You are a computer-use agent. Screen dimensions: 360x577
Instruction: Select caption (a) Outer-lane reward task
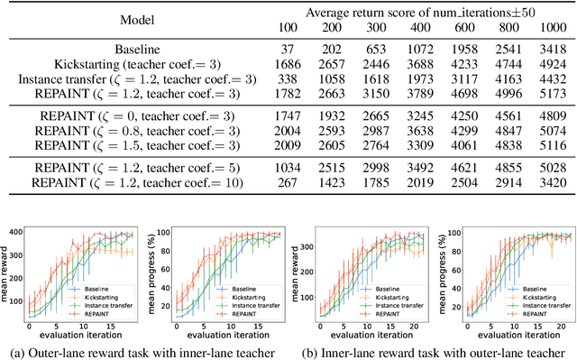147,350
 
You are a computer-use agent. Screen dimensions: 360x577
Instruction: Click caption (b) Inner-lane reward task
431,350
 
